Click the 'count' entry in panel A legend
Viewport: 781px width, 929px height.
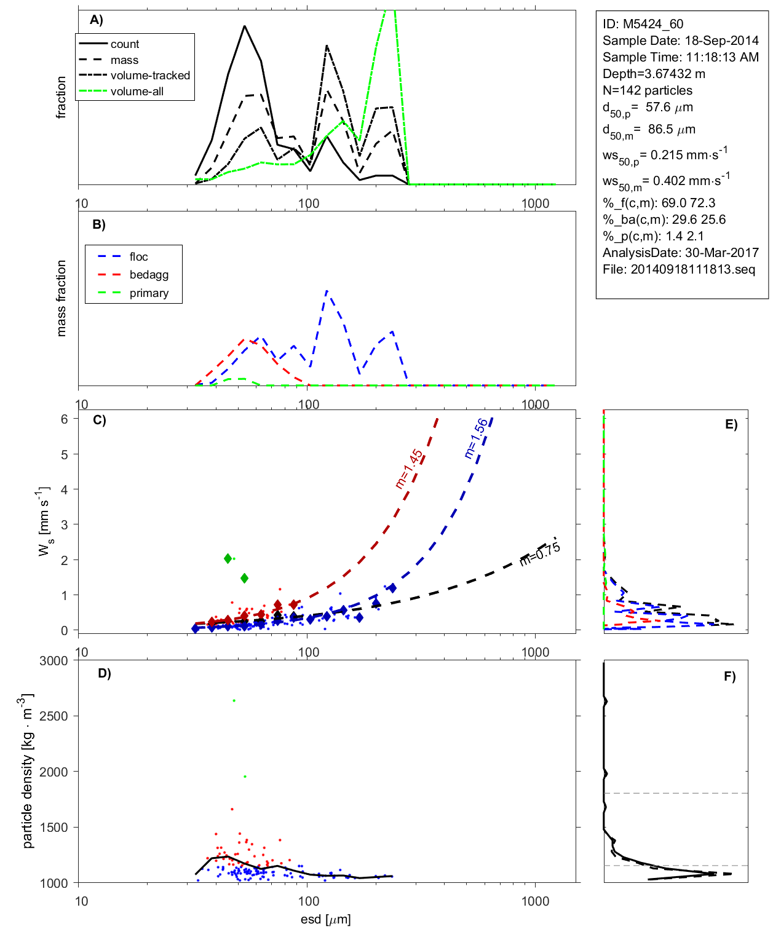125,44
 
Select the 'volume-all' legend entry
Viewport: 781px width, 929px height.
137,92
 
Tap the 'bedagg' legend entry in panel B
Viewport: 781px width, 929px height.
149,275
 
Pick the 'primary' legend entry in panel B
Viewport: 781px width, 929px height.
149,293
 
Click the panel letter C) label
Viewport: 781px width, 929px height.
99,421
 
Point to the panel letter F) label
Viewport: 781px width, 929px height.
729,677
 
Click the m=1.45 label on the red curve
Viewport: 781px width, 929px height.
409,469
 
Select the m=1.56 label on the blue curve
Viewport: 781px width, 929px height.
476,438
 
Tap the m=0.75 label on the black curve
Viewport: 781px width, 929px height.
540,553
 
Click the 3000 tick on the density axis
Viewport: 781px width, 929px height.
54,661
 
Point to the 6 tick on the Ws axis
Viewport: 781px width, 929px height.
64,419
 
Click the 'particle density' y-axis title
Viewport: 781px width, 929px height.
28,771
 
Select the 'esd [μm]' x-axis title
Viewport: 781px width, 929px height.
326,919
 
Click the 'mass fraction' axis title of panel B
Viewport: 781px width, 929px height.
61,298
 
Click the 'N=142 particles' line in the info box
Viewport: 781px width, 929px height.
647,90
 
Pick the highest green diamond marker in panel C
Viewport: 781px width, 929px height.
228,558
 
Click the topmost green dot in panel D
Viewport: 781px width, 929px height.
234,701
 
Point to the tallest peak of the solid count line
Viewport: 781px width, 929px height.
245,26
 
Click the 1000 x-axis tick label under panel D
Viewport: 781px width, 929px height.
535,901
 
